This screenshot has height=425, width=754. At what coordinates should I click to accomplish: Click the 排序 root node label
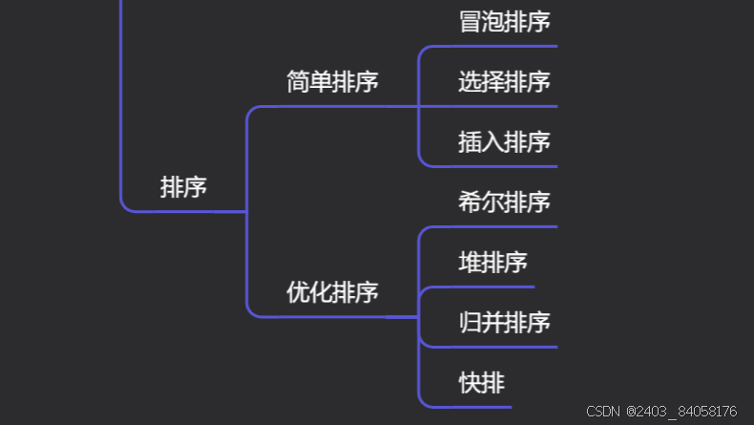pos(183,187)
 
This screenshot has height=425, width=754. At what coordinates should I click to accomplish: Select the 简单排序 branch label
pos(332,82)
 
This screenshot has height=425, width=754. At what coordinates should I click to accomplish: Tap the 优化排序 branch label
pos(332,292)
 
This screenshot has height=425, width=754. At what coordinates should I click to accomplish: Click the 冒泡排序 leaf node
pos(504,21)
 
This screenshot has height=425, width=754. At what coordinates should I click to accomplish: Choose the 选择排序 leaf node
pos(504,82)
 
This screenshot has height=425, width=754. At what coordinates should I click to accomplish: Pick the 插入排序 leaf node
pos(504,142)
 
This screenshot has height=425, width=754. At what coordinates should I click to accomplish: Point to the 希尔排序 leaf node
pos(504,202)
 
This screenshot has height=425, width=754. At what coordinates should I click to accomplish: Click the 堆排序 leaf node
pos(492,262)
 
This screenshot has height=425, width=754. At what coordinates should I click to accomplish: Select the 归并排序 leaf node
pos(504,322)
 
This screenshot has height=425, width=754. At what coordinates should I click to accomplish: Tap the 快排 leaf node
pos(481,383)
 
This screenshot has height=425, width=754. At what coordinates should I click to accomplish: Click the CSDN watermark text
pos(603,412)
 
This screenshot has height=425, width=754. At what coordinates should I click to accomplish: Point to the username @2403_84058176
pos(681,412)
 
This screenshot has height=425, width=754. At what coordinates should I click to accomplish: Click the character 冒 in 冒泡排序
pos(470,21)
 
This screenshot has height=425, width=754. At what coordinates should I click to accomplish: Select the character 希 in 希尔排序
pos(470,202)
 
